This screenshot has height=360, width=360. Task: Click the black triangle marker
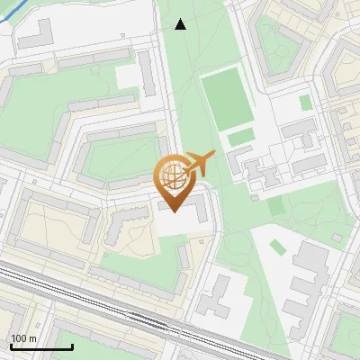tap(180, 24)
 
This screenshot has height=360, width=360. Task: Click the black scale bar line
tap(41, 347)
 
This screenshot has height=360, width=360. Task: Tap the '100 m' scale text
tap(24, 339)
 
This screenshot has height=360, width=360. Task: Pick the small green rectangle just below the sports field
tap(240, 138)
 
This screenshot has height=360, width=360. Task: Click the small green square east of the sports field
tap(306, 103)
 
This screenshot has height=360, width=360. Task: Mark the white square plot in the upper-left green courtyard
tap(128, 76)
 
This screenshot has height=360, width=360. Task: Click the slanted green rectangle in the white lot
tap(277, 205)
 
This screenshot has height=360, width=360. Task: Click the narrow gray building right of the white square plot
tap(147, 74)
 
